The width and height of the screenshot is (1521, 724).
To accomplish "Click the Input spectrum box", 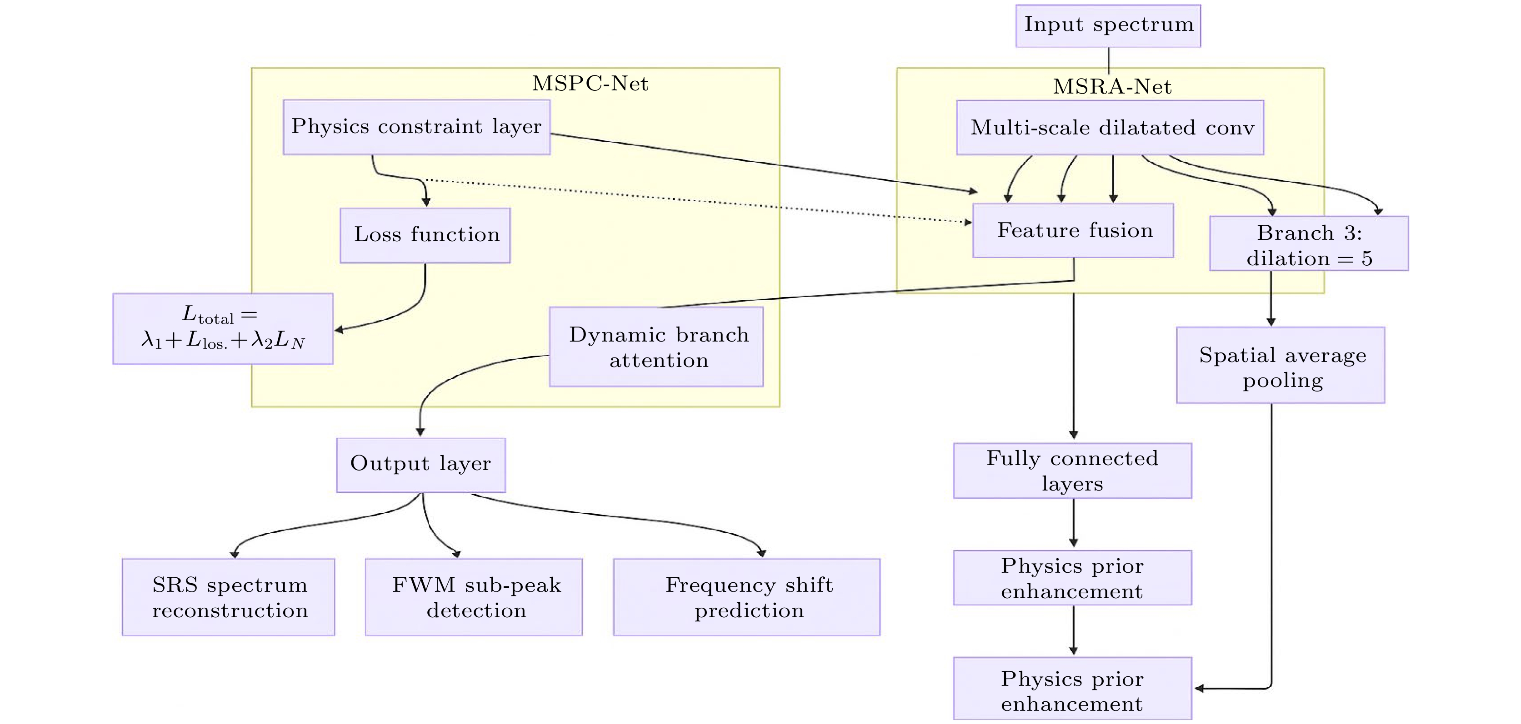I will pyautogui.click(x=1108, y=25).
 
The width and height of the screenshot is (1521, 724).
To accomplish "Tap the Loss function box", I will pyautogui.click(x=425, y=235).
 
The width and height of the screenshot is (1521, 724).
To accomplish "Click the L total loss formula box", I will pyautogui.click(x=223, y=329).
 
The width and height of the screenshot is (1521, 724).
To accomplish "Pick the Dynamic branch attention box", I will pyautogui.click(x=656, y=347).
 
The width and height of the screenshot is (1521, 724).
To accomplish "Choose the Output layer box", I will pyautogui.click(x=420, y=464).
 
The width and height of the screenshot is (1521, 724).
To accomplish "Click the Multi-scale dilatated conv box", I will pyautogui.click(x=1110, y=128).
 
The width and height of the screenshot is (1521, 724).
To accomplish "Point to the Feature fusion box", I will pyautogui.click(x=1073, y=230).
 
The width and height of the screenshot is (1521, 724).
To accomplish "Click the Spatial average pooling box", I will pyautogui.click(x=1280, y=365).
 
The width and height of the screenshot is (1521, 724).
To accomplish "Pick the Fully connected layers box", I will pyautogui.click(x=1072, y=471).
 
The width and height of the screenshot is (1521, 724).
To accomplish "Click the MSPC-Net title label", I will pyautogui.click(x=590, y=84).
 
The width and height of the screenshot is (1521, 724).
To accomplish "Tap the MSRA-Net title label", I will pyautogui.click(x=1112, y=87).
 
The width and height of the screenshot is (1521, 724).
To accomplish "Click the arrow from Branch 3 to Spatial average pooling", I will pyautogui.click(x=1271, y=298).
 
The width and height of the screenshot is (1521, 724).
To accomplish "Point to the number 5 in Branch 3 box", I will pyautogui.click(x=1366, y=258).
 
